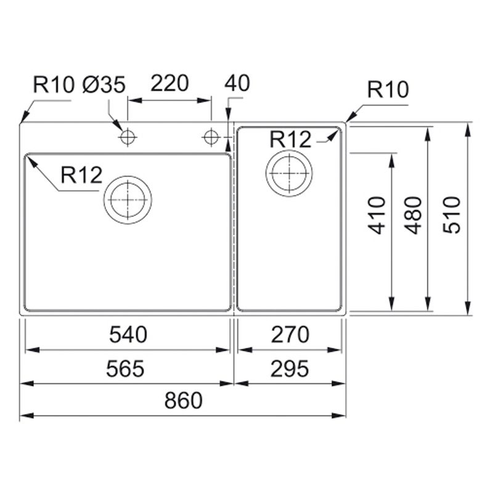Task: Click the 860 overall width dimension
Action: tap(183, 400)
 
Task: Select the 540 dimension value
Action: tap(128, 335)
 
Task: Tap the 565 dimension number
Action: tap(125, 369)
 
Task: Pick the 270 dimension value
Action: tap(290, 335)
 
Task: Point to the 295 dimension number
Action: tap(290, 369)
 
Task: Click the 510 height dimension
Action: tap(452, 215)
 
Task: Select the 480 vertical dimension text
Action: tap(413, 216)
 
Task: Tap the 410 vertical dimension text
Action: tap(377, 216)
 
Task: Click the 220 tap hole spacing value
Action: tap(169, 83)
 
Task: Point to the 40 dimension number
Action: tap(237, 83)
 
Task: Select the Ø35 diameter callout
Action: tap(104, 84)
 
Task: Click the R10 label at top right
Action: tap(388, 89)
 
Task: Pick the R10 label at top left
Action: tap(54, 84)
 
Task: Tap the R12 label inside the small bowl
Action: tap(290, 140)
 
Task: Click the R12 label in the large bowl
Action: tap(81, 175)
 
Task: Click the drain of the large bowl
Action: tap(128, 200)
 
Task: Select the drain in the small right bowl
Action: tap(289, 173)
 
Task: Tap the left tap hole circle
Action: tap(128, 137)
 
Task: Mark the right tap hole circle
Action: tap(211, 137)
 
